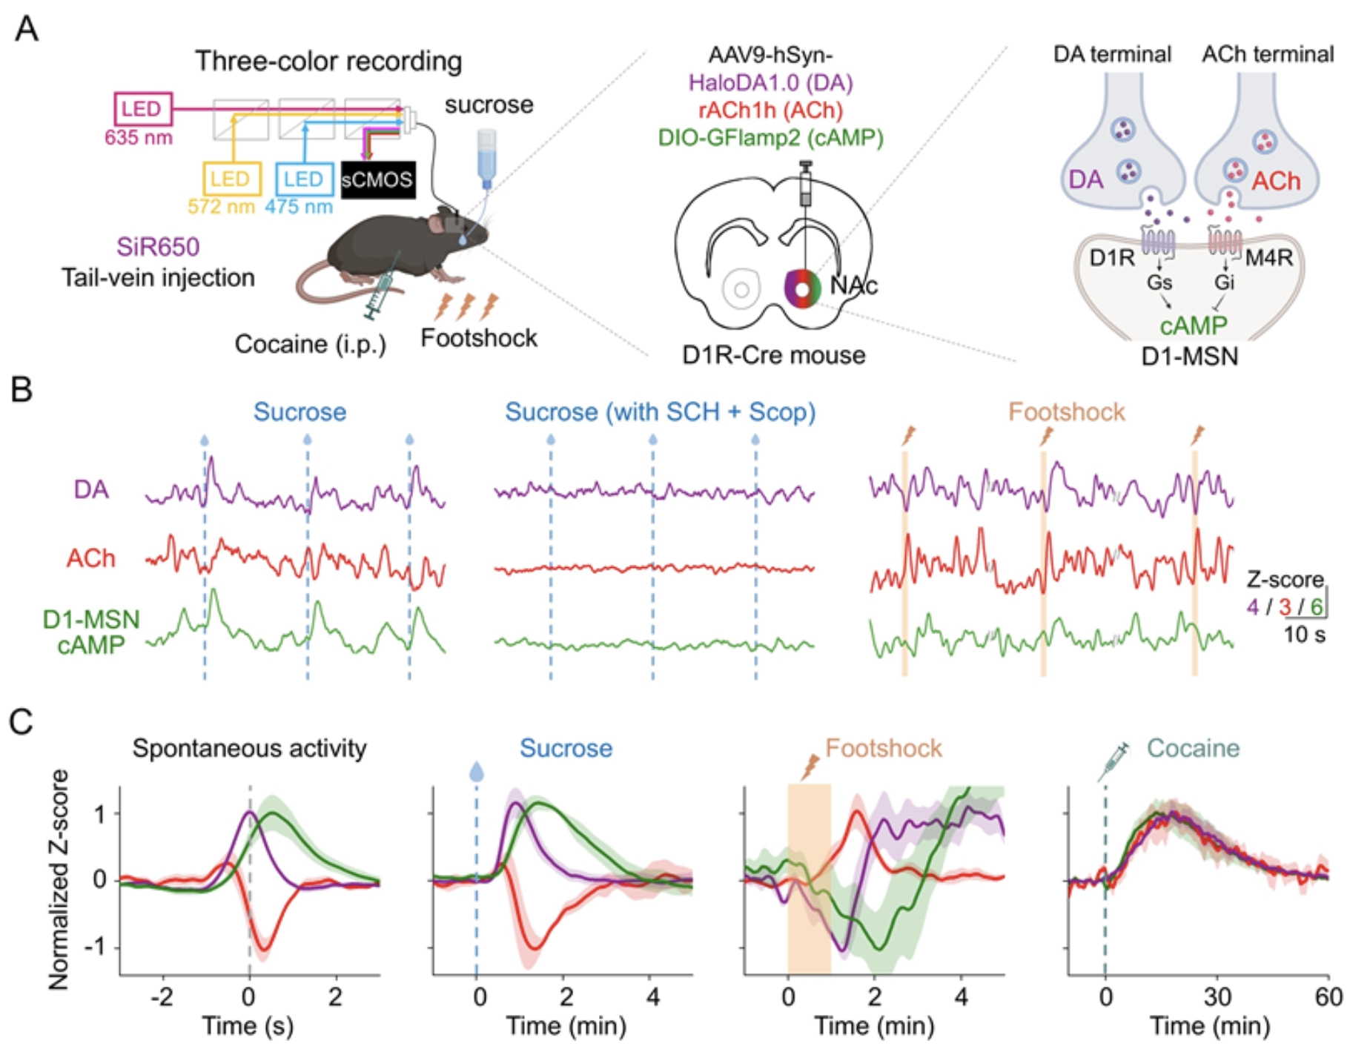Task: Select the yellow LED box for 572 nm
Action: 231,179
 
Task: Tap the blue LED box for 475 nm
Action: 303,179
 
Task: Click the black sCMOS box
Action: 377,179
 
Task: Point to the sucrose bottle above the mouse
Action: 486,159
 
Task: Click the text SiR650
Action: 158,247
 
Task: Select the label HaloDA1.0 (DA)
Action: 770,82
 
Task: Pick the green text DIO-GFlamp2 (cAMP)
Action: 770,137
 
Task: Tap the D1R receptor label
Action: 1111,257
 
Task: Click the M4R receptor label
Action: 1269,257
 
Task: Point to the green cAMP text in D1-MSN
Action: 1194,325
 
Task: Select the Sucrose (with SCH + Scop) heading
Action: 660,411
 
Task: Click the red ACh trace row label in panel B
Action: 90,558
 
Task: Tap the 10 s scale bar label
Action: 1305,635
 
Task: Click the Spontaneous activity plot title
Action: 249,748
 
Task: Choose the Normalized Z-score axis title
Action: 59,879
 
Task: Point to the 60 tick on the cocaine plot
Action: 1328,997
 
